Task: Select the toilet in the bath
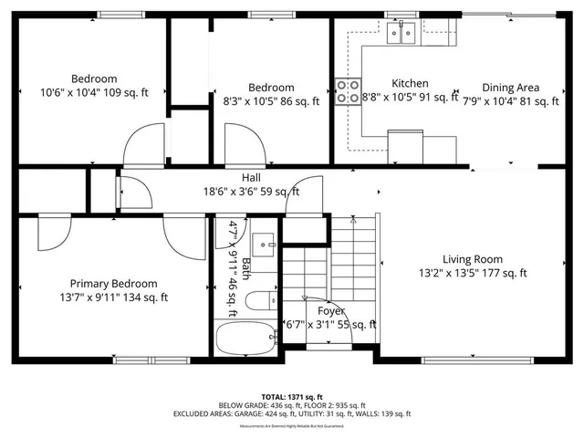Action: pyautogui.click(x=259, y=299)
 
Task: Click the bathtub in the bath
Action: pyautogui.click(x=245, y=340)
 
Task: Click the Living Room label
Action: pyautogui.click(x=473, y=258)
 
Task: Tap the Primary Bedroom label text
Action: pyautogui.click(x=114, y=284)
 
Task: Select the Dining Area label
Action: pyautogui.click(x=511, y=88)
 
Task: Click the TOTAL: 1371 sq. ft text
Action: pyautogui.click(x=291, y=397)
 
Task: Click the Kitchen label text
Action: pyautogui.click(x=410, y=83)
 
